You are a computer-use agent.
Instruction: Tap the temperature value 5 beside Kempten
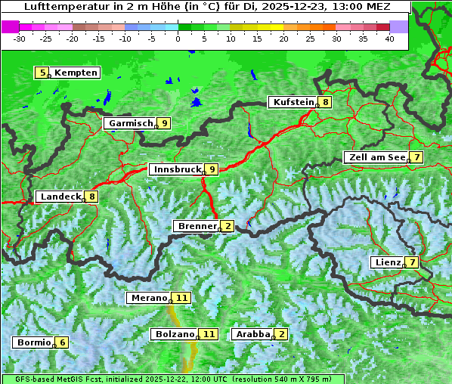[42, 73]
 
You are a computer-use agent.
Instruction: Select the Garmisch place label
[131, 123]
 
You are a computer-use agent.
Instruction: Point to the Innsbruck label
[176, 169]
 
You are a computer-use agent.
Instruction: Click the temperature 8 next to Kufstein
[325, 102]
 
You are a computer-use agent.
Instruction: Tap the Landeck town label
[60, 197]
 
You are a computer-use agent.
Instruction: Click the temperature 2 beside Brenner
[228, 226]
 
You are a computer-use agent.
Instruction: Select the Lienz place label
[388, 262]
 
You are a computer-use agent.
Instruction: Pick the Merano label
[148, 298]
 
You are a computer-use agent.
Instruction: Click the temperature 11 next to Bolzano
[209, 333]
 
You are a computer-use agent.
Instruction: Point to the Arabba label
[253, 333]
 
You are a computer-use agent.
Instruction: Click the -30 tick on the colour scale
[20, 38]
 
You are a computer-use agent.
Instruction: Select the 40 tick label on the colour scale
[389, 38]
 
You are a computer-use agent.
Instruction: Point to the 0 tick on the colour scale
[178, 38]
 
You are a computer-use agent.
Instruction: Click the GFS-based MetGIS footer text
[53, 379]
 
